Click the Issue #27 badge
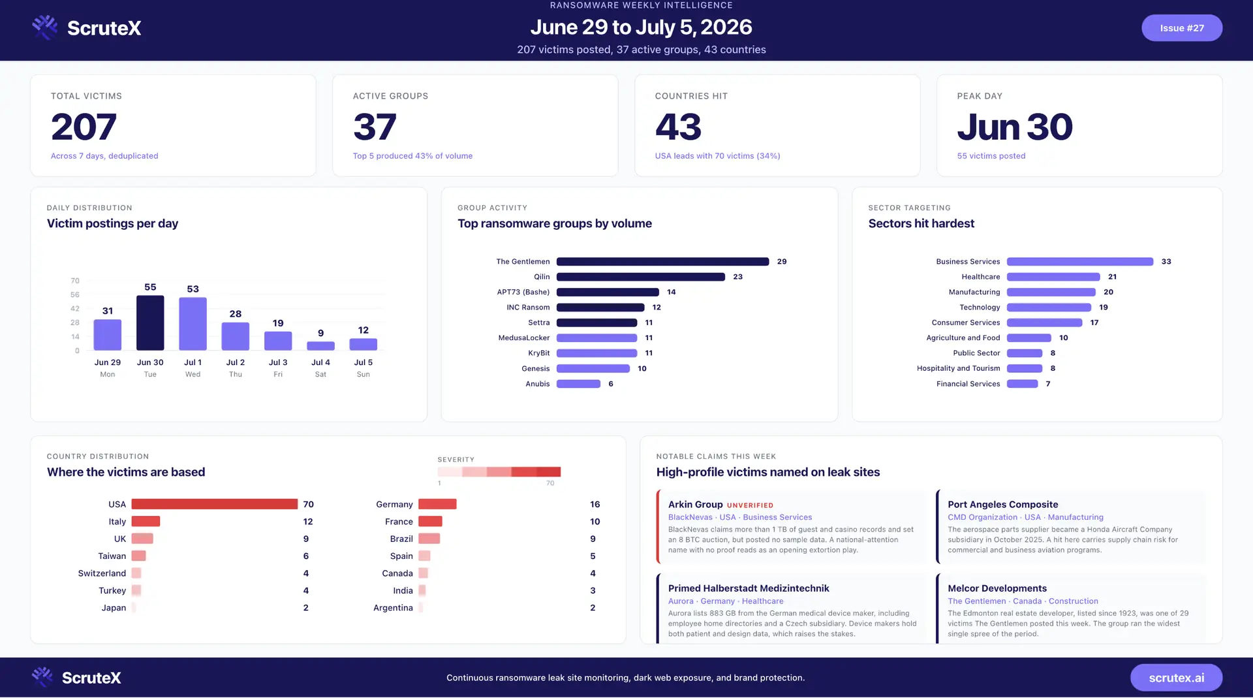[x=1181, y=28]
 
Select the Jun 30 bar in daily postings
[x=150, y=323]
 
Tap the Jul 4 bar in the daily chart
[x=320, y=345]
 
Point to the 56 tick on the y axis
[x=75, y=294]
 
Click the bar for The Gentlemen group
[x=662, y=262]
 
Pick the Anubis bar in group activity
[x=578, y=384]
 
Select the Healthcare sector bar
[x=1053, y=277]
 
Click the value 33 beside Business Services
[x=1166, y=262]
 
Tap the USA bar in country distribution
[x=215, y=504]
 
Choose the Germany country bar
[x=437, y=504]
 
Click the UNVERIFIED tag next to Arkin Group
[x=750, y=505]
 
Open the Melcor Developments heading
[x=997, y=588]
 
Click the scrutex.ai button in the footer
[x=1176, y=678]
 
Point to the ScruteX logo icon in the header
[x=45, y=27]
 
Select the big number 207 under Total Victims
[x=84, y=127]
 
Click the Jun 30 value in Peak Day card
[x=1015, y=127]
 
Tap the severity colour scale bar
[x=499, y=471]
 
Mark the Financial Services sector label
[x=968, y=384]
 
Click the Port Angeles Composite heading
[x=1002, y=505]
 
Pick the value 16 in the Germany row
[x=595, y=504]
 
